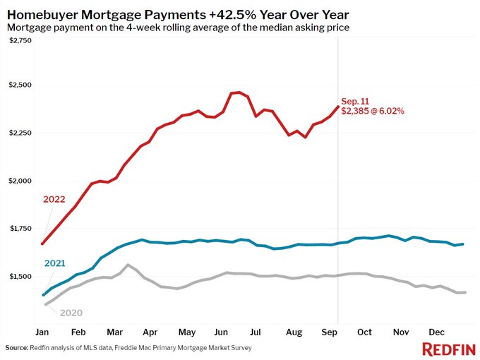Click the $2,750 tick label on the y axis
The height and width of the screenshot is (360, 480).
tap(20, 41)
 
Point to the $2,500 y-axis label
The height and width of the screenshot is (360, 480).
tap(20, 85)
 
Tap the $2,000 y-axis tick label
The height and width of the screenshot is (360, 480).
tap(20, 181)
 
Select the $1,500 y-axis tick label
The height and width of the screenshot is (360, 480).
tap(20, 277)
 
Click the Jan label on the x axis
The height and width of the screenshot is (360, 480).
tap(43, 331)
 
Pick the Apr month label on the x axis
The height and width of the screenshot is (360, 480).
tap(149, 331)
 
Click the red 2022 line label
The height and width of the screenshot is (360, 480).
tap(54, 199)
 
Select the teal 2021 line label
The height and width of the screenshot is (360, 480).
tap(55, 263)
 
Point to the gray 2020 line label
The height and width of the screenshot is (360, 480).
tap(71, 312)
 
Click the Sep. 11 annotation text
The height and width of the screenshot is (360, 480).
tap(354, 101)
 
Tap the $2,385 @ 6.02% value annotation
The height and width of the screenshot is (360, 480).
tap(373, 112)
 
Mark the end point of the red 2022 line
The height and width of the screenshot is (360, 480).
tap(337, 107)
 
